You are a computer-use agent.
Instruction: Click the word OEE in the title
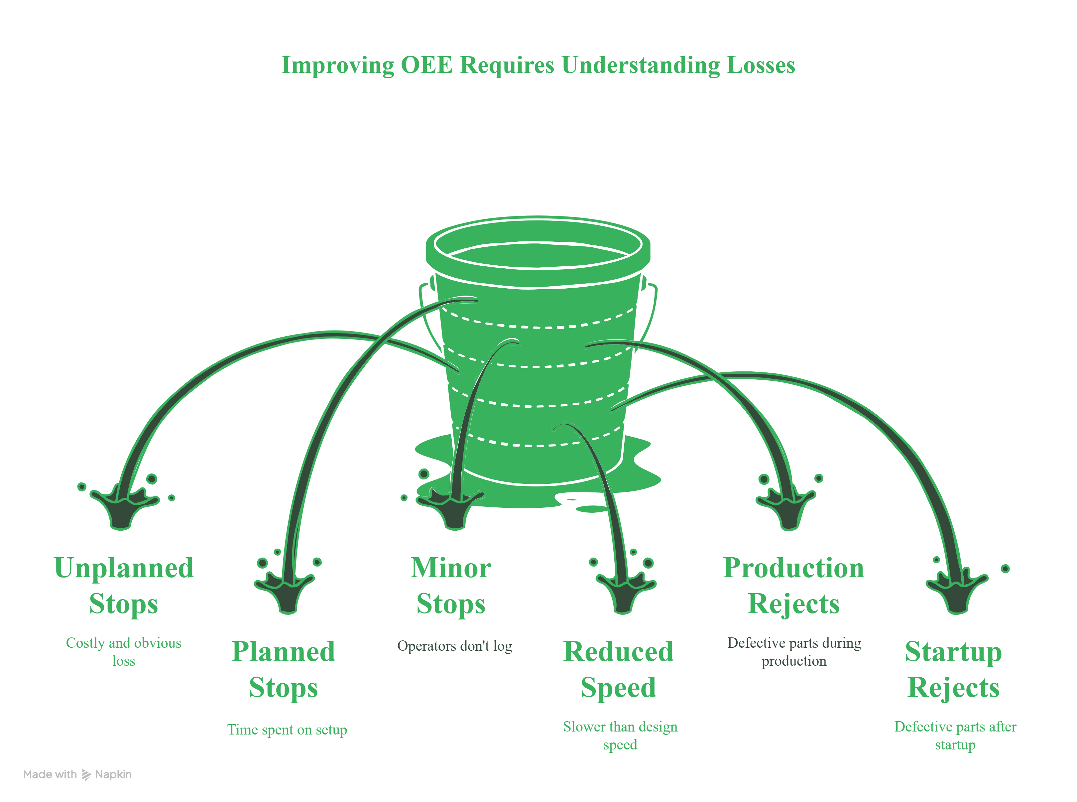point(426,65)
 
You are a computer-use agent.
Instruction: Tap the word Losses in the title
point(761,65)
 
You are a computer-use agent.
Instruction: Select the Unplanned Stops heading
point(124,586)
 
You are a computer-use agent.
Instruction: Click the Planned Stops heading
point(284,669)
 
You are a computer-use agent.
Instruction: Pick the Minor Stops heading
point(451,586)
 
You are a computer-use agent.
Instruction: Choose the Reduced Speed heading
point(618,669)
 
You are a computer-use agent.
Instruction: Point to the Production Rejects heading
point(793,586)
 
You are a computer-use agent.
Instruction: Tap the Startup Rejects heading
point(953,669)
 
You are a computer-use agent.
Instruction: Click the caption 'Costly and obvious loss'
point(124,651)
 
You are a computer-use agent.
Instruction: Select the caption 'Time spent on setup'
point(287,730)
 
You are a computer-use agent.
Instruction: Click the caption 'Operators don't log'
point(455,646)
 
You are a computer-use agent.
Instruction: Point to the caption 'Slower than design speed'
point(620,735)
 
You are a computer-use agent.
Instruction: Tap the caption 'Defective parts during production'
point(794,651)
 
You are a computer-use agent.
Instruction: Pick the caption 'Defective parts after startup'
point(955,735)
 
